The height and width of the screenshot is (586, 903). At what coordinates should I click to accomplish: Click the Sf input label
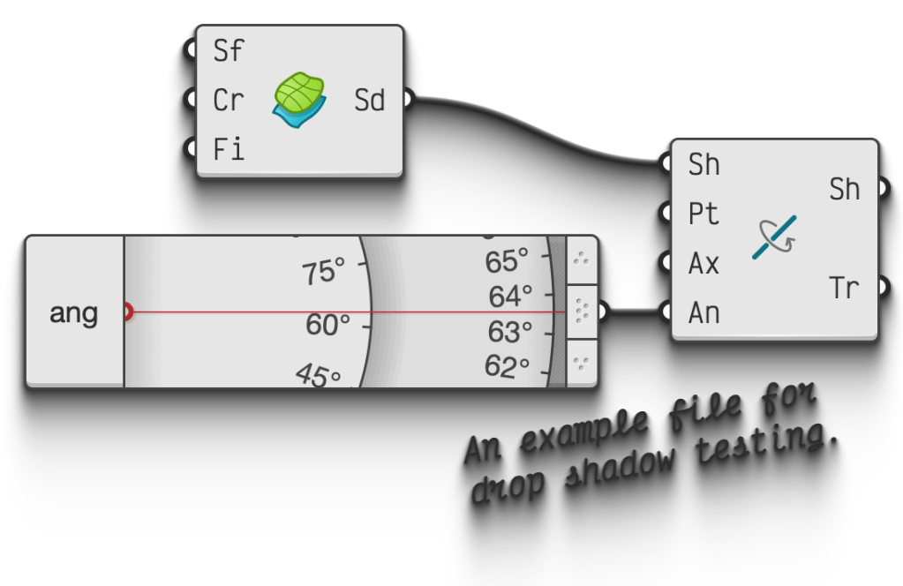228,51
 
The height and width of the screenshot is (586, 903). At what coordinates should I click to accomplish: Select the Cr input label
228,101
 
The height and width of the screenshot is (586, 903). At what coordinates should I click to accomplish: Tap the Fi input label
228,149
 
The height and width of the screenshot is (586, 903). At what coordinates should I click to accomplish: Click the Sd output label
370,101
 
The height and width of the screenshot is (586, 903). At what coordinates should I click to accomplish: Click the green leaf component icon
298,96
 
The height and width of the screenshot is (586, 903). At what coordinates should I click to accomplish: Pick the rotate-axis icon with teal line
774,237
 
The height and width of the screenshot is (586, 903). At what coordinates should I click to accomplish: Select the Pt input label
704,214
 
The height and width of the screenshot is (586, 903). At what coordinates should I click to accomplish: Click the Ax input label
704,263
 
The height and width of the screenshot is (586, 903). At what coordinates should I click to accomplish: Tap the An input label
704,312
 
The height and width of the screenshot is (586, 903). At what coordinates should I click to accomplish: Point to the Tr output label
844,288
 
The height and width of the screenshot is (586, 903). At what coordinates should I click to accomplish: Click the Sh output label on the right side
844,189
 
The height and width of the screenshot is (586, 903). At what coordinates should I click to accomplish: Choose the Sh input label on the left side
704,164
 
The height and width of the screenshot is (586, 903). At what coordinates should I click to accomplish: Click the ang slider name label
74,312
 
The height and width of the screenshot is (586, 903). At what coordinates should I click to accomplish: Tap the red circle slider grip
126,312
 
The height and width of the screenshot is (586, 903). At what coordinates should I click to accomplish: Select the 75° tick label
323,273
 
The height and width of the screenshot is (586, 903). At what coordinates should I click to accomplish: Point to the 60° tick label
327,325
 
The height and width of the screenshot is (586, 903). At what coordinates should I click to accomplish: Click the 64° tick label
510,297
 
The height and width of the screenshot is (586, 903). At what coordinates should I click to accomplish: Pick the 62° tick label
507,365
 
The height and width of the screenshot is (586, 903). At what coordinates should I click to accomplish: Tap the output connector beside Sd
408,100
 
